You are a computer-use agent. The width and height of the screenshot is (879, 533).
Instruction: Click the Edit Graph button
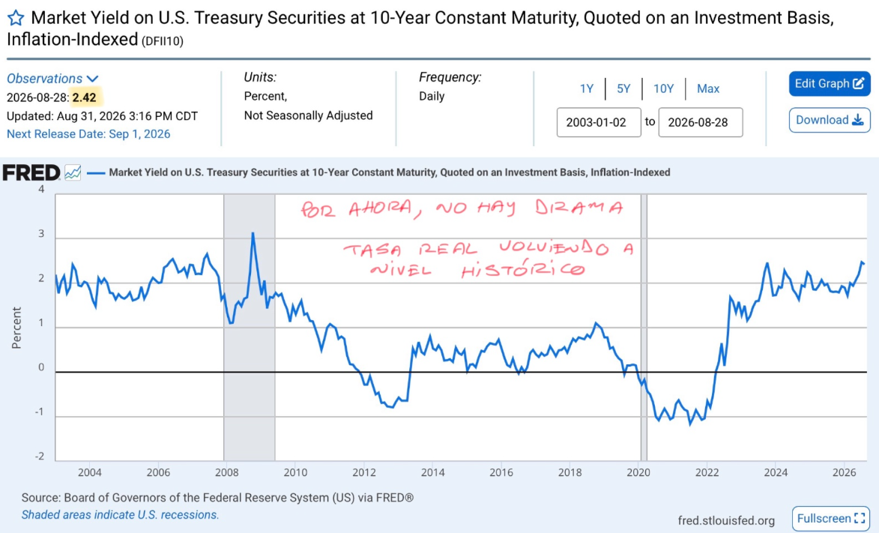point(829,84)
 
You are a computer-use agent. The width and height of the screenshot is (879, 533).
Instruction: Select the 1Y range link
point(586,88)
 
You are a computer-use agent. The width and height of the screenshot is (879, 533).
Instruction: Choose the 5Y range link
point(623,88)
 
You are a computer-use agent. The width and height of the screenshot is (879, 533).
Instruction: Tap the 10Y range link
point(663,88)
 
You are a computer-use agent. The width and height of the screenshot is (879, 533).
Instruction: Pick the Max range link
point(708,88)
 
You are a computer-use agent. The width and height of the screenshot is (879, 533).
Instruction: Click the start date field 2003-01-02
point(599,122)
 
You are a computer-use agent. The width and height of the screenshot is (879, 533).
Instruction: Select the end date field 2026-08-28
point(701,122)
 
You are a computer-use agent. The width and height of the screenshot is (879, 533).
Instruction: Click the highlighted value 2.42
point(84,97)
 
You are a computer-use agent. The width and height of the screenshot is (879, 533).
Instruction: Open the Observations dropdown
point(52,79)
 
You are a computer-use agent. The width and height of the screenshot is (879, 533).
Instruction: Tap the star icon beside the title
point(16,18)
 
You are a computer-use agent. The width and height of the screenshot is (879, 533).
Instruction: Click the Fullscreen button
point(831,519)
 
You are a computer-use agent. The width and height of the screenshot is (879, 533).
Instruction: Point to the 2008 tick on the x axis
point(227,472)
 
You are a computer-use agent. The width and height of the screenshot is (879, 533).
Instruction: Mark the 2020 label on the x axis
point(638,472)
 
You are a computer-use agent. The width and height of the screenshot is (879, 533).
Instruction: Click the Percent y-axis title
point(16,328)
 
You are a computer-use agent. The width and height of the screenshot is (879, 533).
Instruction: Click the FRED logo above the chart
point(31,172)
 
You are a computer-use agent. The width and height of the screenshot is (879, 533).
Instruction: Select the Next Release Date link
point(88,134)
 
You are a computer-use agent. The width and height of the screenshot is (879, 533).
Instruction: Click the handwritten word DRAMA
point(578,208)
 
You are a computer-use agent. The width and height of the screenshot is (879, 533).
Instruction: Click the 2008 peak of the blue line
point(253,233)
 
